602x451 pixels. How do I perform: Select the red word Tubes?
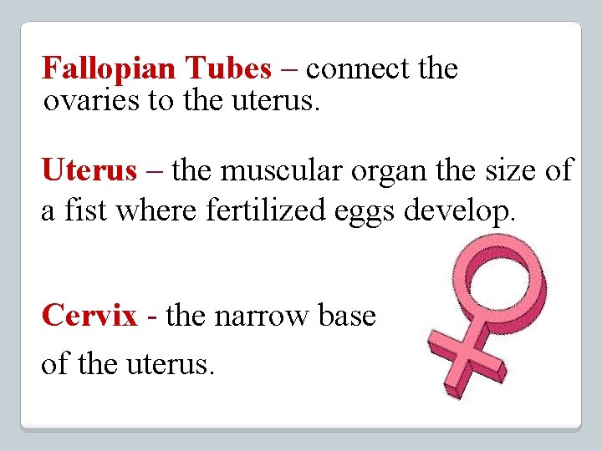pyautogui.click(x=228, y=68)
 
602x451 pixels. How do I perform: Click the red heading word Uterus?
pyautogui.click(x=89, y=170)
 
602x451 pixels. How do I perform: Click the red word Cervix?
pyautogui.click(x=89, y=316)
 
